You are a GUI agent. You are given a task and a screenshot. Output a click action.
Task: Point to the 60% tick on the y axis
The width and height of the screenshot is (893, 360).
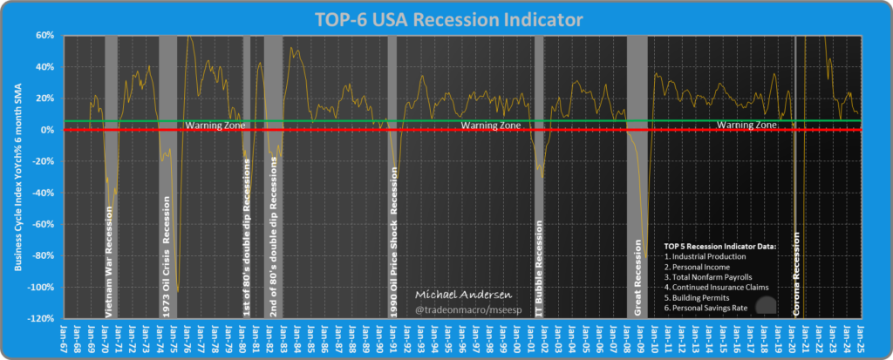click(44, 36)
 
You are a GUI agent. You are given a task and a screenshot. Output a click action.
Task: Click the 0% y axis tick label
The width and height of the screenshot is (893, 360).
click(48, 130)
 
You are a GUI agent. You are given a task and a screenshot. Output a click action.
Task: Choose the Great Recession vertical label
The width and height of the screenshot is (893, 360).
click(637, 271)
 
